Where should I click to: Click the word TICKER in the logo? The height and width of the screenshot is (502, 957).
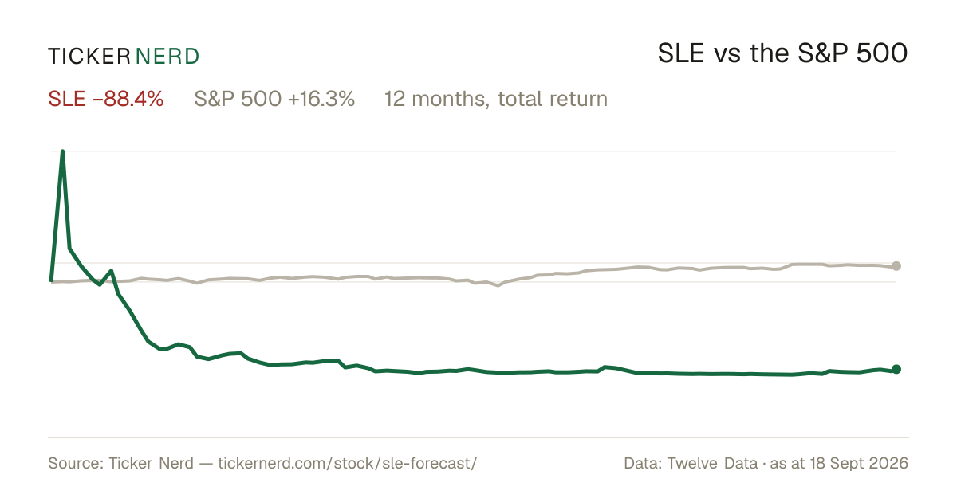(x=89, y=57)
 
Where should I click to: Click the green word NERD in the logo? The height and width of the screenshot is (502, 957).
(x=167, y=57)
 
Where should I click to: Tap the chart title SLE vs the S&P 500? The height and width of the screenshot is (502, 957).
(x=782, y=53)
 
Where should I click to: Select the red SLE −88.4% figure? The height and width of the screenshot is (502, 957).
(x=106, y=99)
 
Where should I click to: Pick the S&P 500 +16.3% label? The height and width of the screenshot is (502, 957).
(x=274, y=99)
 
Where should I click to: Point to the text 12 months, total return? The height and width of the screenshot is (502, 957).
(x=496, y=99)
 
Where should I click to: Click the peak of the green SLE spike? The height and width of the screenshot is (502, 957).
(x=63, y=151)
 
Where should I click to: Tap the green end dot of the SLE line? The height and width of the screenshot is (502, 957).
(x=896, y=369)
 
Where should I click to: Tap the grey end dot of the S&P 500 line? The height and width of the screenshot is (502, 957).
(x=896, y=266)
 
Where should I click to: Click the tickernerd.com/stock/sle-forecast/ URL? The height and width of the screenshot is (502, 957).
(x=348, y=463)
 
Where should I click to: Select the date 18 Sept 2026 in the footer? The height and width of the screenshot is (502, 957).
(x=859, y=463)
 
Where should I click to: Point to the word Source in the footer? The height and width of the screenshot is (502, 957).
(x=73, y=463)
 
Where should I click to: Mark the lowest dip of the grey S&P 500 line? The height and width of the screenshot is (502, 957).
(x=498, y=285)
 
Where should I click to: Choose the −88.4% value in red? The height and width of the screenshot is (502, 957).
(x=128, y=99)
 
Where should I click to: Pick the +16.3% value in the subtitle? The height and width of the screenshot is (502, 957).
(x=321, y=99)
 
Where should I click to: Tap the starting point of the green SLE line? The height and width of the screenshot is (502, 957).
(x=51, y=281)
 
